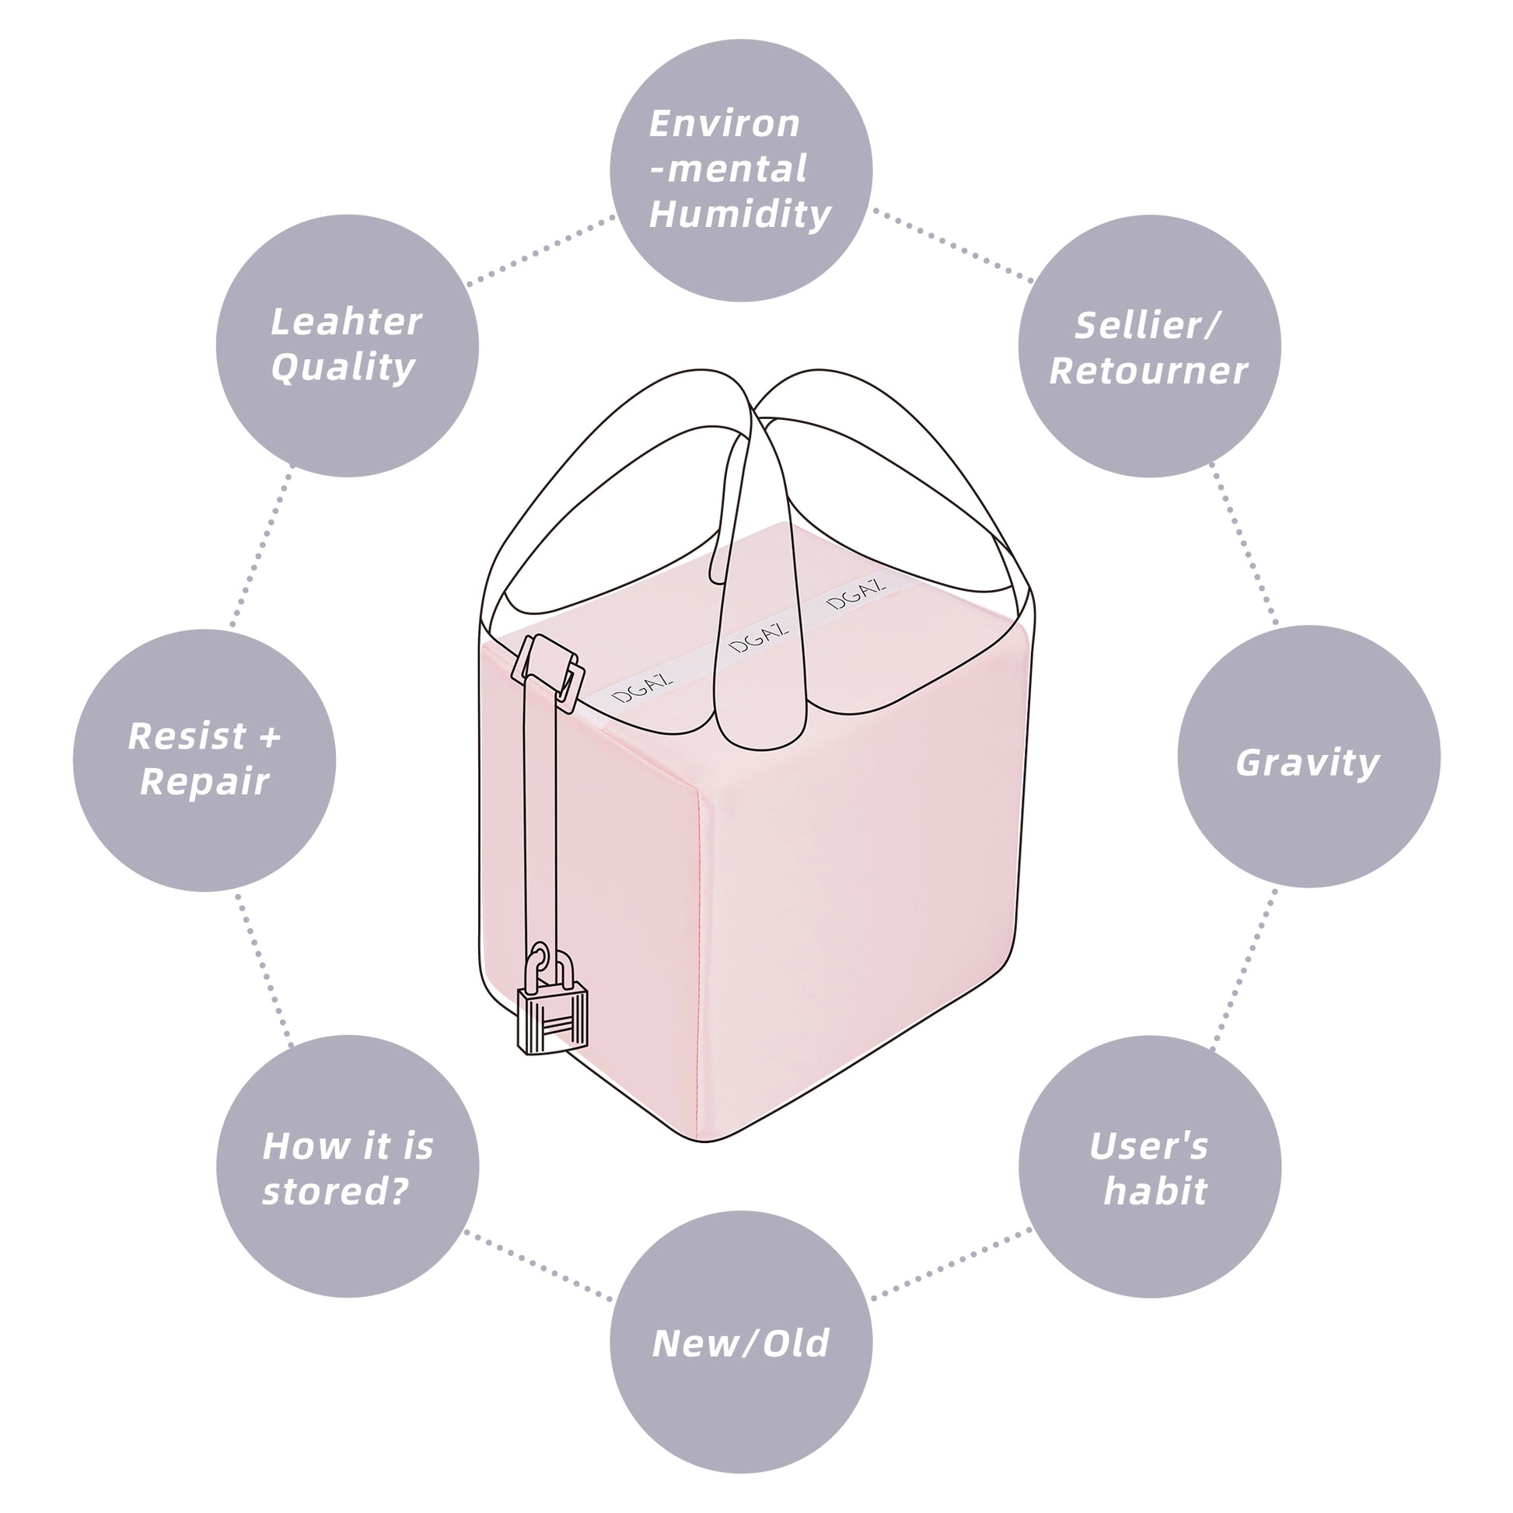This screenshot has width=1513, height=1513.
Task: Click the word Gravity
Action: pyautogui.click(x=1307, y=763)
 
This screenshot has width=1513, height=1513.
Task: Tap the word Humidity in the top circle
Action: pyautogui.click(x=740, y=215)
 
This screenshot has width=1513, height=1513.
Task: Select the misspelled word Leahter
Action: pyautogui.click(x=346, y=322)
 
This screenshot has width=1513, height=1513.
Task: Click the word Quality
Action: pyautogui.click(x=343, y=367)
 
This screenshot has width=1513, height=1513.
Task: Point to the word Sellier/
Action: pyautogui.click(x=1148, y=326)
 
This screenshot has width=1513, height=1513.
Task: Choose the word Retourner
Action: pyautogui.click(x=1148, y=371)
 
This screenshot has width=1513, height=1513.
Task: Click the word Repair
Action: pyautogui.click(x=204, y=781)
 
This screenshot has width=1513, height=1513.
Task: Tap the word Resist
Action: pyautogui.click(x=187, y=736)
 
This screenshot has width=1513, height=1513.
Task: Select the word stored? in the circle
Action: pyautogui.click(x=335, y=1191)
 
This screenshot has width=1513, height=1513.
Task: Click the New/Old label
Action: pyautogui.click(x=740, y=1343)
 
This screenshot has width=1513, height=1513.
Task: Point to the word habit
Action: pyautogui.click(x=1155, y=1191)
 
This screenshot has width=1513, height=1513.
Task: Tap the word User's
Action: pyautogui.click(x=1149, y=1147)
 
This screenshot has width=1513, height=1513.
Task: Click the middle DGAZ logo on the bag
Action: pyautogui.click(x=758, y=638)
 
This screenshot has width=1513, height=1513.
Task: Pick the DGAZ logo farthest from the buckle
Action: pyautogui.click(x=856, y=593)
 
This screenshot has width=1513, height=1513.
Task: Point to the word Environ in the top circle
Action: pyautogui.click(x=725, y=124)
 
